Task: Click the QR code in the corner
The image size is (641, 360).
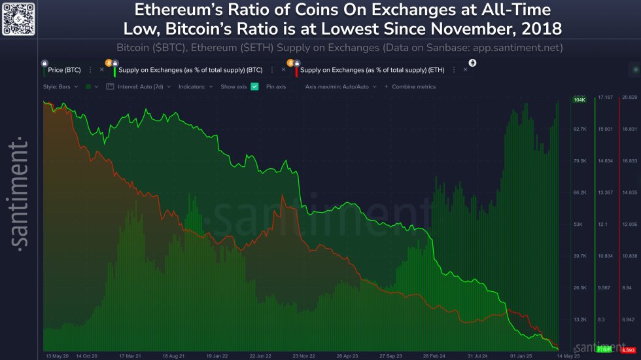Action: pos(18,18)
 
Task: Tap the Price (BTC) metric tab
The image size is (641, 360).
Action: pos(65,69)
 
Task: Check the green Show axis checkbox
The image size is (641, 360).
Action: pos(254,86)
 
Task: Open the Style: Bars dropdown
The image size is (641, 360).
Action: pos(60,86)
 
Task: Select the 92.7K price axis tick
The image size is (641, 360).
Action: pos(579,130)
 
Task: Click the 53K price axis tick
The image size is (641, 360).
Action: pos(579,225)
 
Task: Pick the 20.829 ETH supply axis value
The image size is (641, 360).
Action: pos(629,98)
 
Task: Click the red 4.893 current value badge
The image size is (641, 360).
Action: pos(629,350)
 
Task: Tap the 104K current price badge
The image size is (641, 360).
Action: pos(579,100)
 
